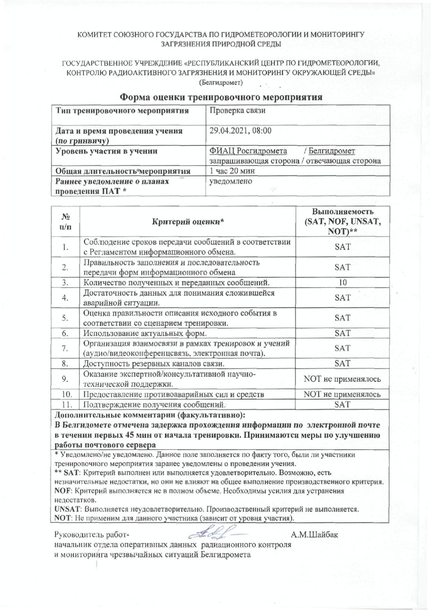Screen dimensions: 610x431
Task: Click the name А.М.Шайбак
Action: click(x=314, y=535)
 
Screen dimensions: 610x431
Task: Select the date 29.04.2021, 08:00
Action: click(x=241, y=131)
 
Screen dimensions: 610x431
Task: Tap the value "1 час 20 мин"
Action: click(x=232, y=171)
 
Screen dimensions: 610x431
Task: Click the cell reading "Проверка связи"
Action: click(x=237, y=111)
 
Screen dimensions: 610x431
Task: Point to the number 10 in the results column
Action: click(x=342, y=282)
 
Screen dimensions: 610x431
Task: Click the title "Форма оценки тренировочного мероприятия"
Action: click(x=221, y=97)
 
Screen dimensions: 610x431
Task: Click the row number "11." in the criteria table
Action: click(x=65, y=404)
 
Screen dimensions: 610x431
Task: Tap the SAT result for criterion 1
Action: click(x=342, y=247)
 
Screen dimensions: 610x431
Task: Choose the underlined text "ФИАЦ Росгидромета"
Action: click(x=248, y=151)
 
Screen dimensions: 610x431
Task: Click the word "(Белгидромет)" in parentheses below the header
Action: click(x=221, y=83)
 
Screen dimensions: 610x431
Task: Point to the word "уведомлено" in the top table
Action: click(x=231, y=181)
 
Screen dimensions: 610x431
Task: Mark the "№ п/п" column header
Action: click(x=65, y=222)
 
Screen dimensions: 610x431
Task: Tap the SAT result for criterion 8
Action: click(x=342, y=363)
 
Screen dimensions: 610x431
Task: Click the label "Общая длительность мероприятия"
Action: click(x=123, y=171)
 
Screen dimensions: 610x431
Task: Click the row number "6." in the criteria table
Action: click(x=65, y=333)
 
